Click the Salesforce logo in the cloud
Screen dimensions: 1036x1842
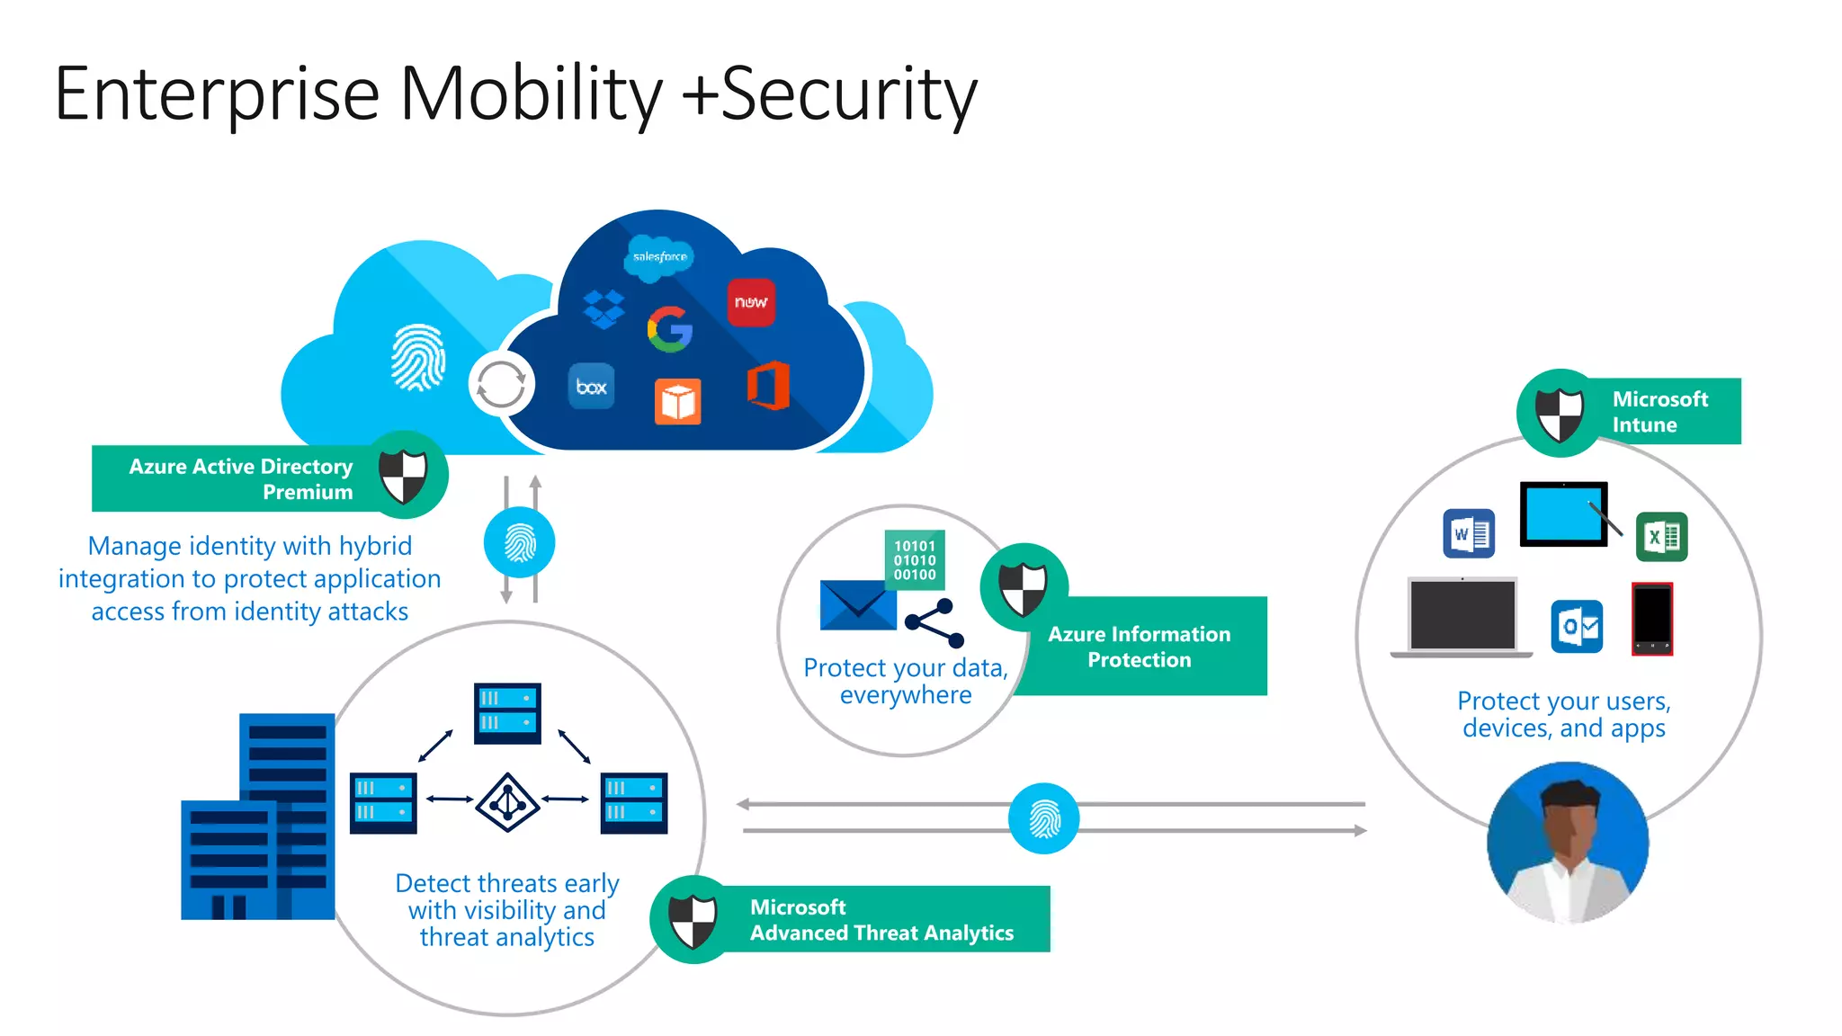point(659,256)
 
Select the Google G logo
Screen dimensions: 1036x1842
point(670,329)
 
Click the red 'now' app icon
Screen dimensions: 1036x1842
point(751,302)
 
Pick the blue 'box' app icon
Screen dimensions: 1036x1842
point(591,387)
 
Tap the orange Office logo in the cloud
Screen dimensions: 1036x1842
point(768,386)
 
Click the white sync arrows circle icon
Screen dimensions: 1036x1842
point(501,384)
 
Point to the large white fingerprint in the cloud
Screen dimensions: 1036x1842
point(418,357)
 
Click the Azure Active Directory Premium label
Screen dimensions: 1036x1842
point(241,478)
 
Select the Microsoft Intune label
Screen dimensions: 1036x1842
point(1659,412)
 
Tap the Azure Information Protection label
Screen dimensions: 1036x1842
point(1139,647)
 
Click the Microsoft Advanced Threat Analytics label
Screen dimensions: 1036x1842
point(881,920)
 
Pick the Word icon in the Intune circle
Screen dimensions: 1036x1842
point(1469,534)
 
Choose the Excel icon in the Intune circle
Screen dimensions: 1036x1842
point(1661,537)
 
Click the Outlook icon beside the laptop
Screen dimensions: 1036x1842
point(1577,626)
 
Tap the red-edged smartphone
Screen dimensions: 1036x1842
point(1652,620)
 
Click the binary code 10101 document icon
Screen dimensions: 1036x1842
point(915,560)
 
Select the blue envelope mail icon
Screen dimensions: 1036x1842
point(858,605)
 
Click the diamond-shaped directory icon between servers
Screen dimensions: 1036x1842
point(507,801)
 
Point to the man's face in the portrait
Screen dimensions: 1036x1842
point(1569,823)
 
